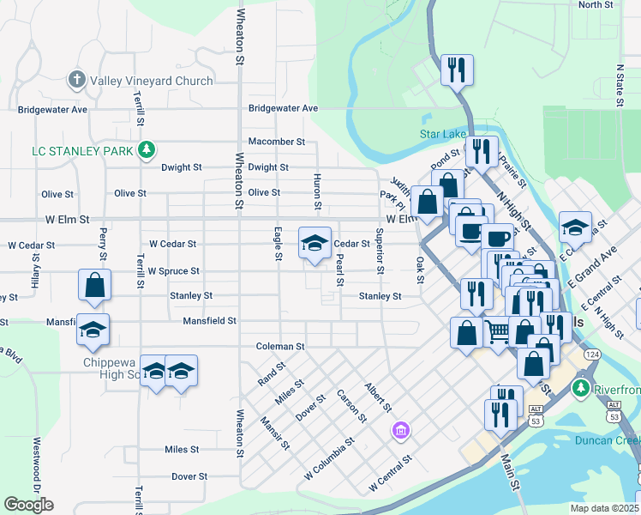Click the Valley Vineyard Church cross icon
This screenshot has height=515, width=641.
pyautogui.click(x=76, y=82)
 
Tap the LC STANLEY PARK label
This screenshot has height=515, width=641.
pyautogui.click(x=82, y=151)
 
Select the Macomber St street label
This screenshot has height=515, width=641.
pyautogui.click(x=276, y=142)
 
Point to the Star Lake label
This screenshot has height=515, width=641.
pyautogui.click(x=442, y=134)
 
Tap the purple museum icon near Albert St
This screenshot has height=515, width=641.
pyautogui.click(x=400, y=429)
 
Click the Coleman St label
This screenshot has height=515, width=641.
pyautogui.click(x=280, y=347)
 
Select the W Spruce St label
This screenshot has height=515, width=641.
pyautogui.click(x=173, y=271)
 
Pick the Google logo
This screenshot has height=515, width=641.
pyautogui.click(x=28, y=504)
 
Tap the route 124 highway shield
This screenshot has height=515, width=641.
pyautogui.click(x=591, y=354)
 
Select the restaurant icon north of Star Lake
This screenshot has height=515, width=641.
pyautogui.click(x=456, y=70)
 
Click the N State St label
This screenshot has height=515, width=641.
pyautogui.click(x=620, y=84)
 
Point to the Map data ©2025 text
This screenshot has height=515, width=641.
pyautogui.click(x=605, y=508)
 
